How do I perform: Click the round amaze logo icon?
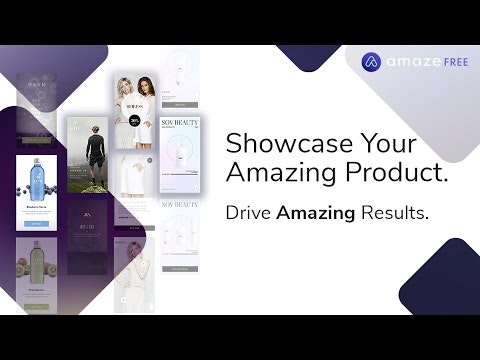point(372,62)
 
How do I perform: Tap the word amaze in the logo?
point(406,62)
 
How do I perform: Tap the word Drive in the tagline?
point(249,214)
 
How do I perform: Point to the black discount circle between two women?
point(134,120)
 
